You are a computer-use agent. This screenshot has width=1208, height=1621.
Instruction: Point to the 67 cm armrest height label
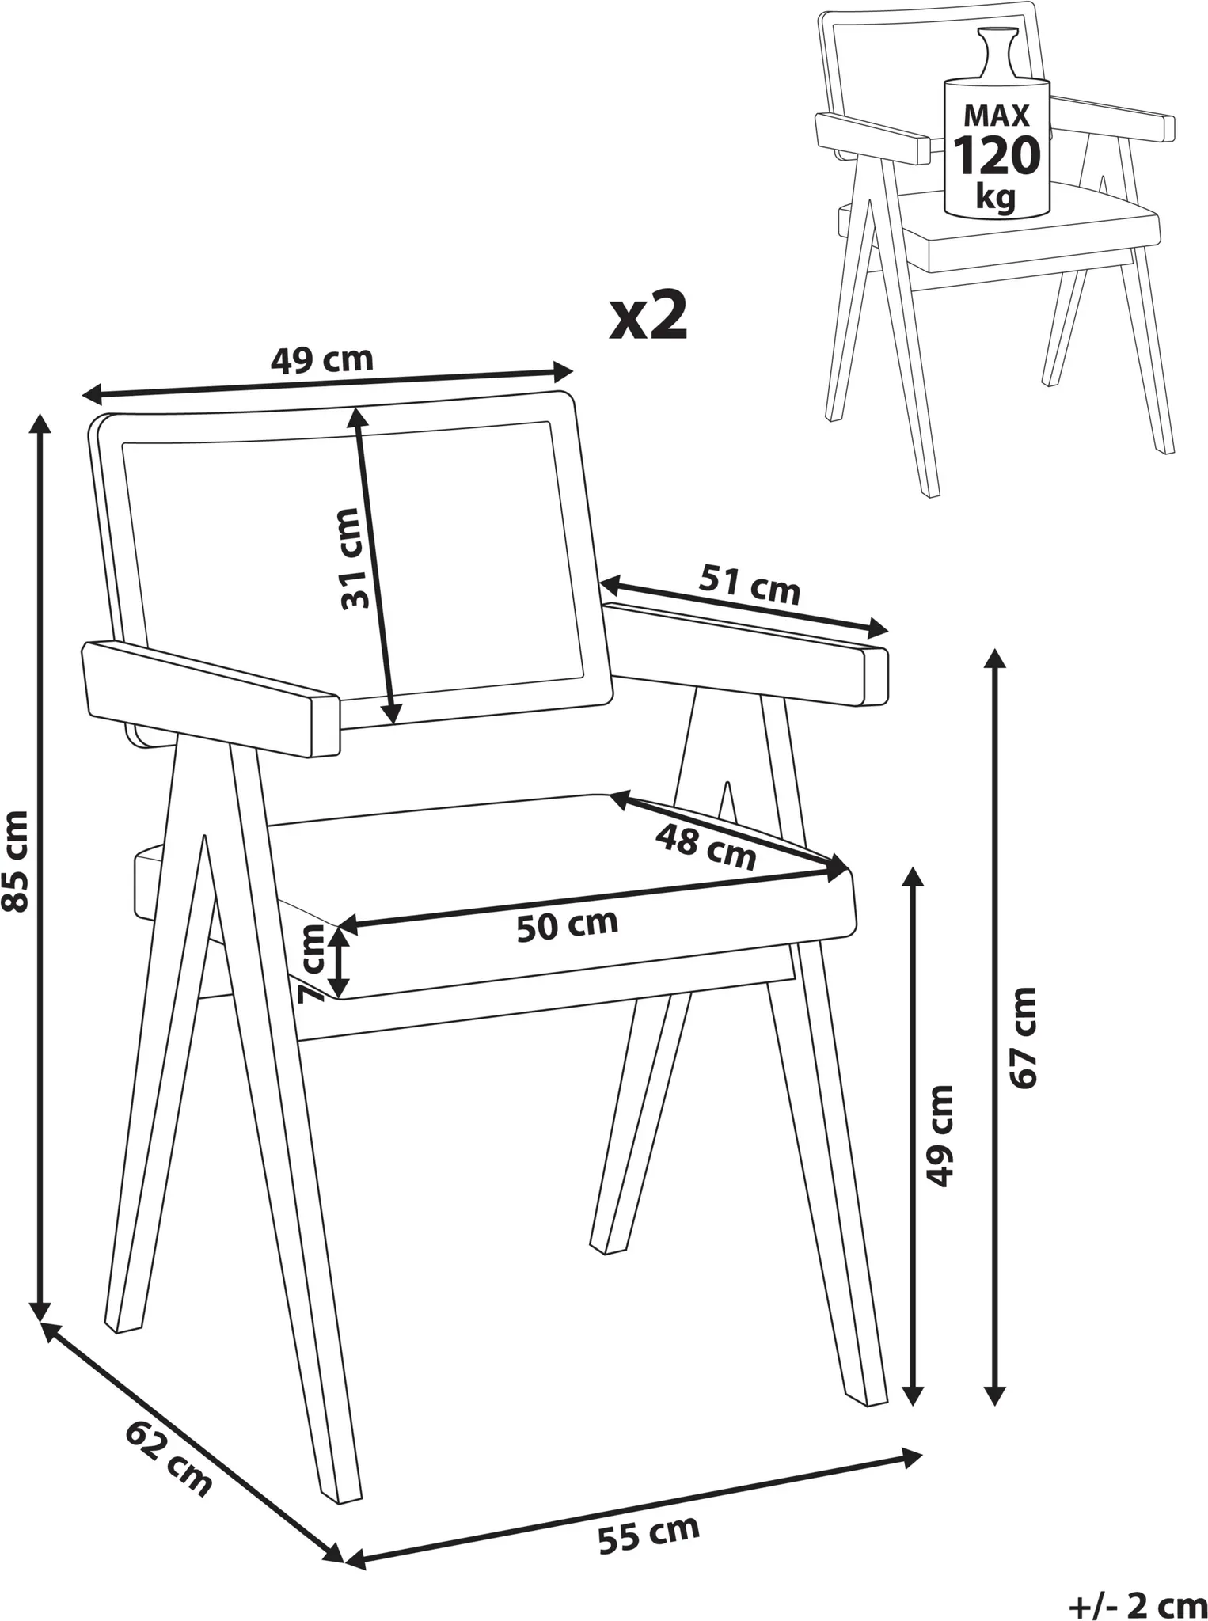(x=1023, y=1038)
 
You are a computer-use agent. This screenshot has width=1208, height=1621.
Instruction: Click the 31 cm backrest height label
(x=355, y=559)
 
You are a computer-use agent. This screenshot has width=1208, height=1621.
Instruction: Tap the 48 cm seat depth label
(x=706, y=846)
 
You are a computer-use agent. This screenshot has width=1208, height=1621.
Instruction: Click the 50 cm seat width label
(x=567, y=925)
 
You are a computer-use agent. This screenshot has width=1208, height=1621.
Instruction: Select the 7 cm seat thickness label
(x=313, y=963)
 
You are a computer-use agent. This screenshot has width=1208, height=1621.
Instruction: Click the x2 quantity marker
(x=648, y=317)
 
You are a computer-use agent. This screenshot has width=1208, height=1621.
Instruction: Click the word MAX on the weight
(x=996, y=116)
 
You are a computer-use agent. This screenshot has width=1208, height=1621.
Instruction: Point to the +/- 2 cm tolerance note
(x=1138, y=1600)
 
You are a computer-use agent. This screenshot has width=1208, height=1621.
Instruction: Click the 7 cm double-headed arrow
(x=339, y=962)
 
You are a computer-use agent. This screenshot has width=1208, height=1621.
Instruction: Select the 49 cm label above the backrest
(x=321, y=360)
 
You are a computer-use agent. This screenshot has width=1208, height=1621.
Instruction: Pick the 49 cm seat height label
(x=940, y=1135)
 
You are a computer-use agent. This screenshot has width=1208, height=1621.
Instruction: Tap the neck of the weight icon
(x=995, y=55)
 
